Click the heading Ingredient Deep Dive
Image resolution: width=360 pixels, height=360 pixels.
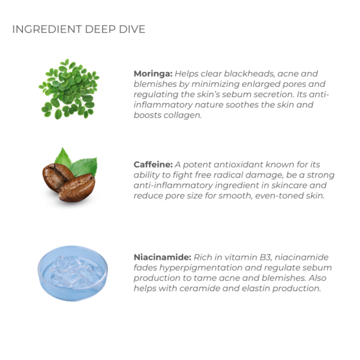point(79,29)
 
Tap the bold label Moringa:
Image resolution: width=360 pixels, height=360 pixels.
point(153,74)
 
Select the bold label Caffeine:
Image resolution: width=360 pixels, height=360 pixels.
point(153,164)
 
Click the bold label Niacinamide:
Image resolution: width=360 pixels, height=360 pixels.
point(163,257)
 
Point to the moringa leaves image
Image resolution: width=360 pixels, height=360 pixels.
point(69,89)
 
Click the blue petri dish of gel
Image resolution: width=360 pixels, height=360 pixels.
point(73,273)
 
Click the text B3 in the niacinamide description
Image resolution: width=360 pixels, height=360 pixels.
point(266,257)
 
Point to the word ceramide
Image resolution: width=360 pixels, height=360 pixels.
point(200,288)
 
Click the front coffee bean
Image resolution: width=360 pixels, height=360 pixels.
point(76,187)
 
